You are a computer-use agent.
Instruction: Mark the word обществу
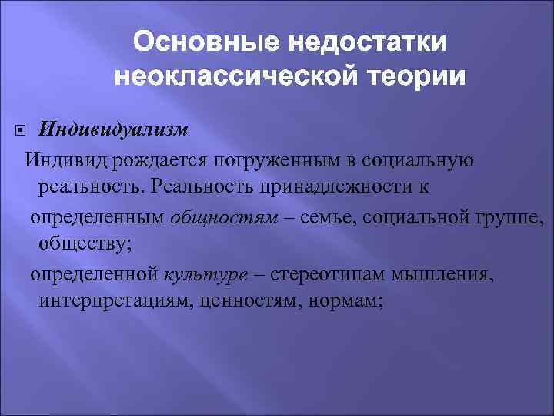coord(83,246)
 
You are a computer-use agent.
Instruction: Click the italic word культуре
coord(199,274)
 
